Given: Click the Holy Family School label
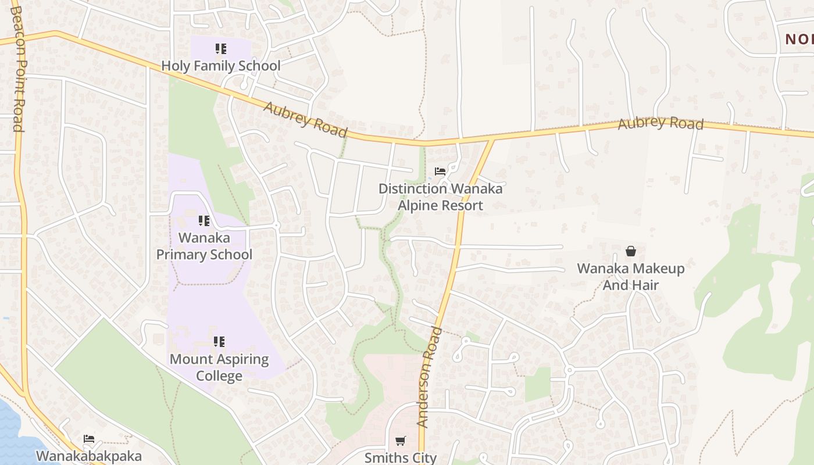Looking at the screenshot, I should pos(220,66).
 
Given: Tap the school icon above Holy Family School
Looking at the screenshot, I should pos(220,49).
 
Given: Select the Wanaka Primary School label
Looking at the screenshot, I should pos(204,246).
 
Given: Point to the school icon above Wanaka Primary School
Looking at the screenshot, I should pos(204,221).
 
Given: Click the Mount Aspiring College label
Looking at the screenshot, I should pos(219,367).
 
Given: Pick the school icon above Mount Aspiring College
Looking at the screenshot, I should pos(219,342).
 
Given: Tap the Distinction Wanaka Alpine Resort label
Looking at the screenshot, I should pos(440,197).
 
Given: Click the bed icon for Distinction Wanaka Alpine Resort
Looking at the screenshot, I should pos(440,171).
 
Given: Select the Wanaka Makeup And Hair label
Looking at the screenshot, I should pos(630,277).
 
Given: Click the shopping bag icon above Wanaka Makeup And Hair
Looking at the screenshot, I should pos(631,251).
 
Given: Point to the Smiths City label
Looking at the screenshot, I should pos(400,457).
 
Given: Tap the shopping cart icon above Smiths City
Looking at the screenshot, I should pos(400,441).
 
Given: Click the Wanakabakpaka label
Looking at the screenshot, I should pos(89,456).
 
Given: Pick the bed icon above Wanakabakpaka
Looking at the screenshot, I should pos(89,439).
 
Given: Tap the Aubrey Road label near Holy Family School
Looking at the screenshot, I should pos(305,119).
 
